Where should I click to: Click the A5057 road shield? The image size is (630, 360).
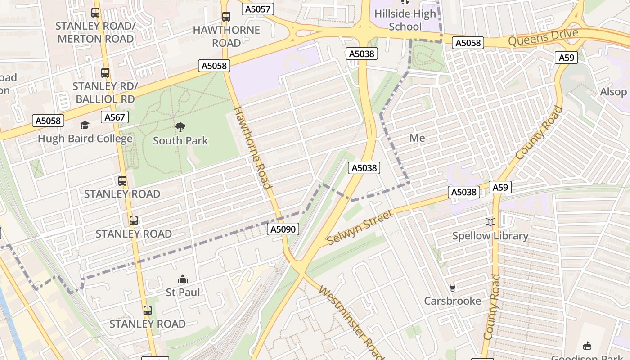point(258,9)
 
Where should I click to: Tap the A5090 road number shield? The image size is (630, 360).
point(283,229)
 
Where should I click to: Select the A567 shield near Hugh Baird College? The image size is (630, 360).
point(115,117)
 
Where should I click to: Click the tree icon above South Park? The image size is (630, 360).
point(180,127)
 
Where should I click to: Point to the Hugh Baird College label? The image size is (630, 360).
point(85,138)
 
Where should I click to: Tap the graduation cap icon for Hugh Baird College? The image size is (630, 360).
point(85,125)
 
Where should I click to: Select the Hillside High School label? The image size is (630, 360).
point(405,20)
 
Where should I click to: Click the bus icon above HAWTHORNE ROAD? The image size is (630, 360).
point(226,17)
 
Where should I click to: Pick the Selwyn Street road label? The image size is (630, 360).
point(360,227)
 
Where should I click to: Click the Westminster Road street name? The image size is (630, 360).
point(351,322)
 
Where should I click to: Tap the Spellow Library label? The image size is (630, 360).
point(490,236)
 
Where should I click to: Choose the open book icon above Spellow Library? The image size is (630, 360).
point(490,222)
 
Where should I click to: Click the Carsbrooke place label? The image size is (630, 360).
point(453,301)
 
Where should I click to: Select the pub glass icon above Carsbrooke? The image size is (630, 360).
point(453,287)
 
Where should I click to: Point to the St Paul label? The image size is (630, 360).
point(183,292)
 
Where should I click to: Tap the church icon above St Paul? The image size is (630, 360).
point(183,279)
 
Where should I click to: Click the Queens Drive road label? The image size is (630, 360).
point(543,37)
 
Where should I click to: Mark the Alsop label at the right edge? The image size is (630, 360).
point(613,92)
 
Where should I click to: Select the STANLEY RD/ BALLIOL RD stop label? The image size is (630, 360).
point(105,92)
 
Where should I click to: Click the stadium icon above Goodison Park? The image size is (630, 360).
point(587,346)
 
